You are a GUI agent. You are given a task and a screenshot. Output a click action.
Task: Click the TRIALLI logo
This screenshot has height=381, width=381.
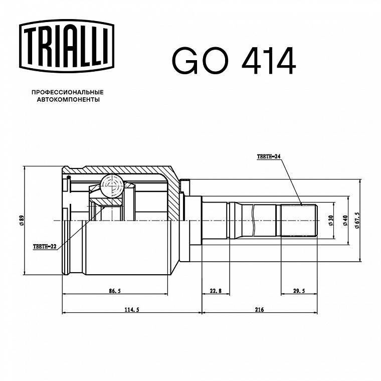(67, 46)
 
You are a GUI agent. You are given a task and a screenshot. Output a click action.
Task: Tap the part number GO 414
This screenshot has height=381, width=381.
(234, 61)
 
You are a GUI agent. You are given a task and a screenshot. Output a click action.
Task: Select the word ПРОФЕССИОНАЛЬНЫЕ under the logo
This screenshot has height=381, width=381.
(68, 92)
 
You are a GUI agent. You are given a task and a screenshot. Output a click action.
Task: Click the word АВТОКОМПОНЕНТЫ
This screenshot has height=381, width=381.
(68, 100)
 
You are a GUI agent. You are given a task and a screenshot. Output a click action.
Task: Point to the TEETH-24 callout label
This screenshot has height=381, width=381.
(269, 156)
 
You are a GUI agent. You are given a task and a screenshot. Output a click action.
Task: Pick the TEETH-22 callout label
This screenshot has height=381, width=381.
(45, 247)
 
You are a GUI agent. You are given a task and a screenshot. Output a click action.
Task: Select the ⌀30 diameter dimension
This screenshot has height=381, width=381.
(331, 221)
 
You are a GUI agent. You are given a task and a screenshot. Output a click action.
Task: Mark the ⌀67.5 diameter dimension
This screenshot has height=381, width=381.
(357, 221)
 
